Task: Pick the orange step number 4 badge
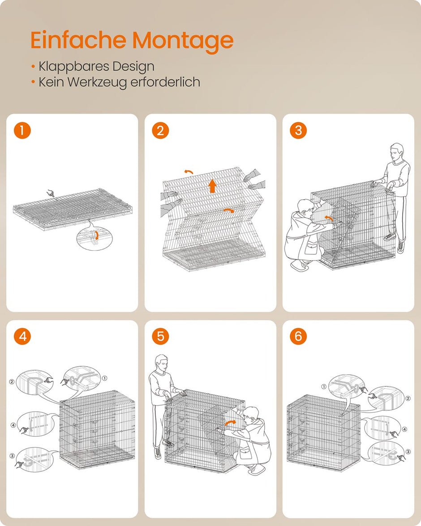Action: click(x=22, y=336)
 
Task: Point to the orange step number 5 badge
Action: click(x=160, y=336)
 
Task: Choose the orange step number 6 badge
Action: click(x=298, y=336)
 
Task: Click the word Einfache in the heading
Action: click(x=79, y=40)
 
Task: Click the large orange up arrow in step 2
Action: click(x=213, y=185)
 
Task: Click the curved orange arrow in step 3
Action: click(x=330, y=218)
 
